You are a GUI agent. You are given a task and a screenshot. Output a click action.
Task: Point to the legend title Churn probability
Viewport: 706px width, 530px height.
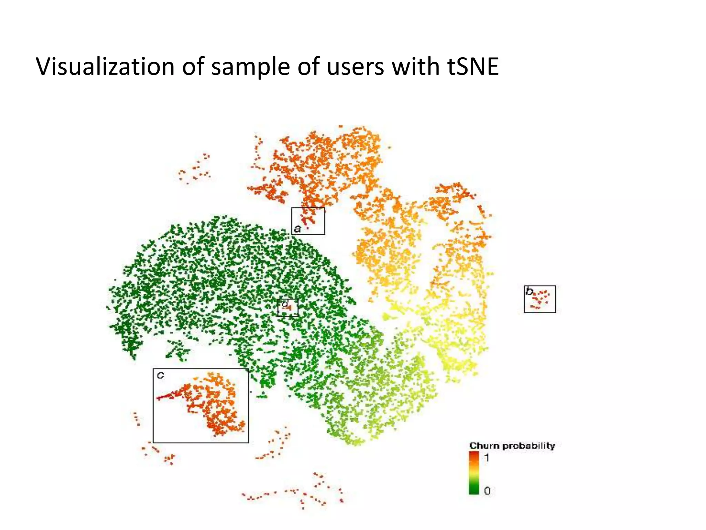(512, 446)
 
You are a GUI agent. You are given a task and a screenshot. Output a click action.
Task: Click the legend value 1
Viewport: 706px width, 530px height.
(487, 458)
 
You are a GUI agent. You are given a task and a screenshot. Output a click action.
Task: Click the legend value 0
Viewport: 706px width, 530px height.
(487, 490)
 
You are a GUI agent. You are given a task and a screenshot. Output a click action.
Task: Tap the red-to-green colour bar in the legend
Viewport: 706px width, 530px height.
(474, 473)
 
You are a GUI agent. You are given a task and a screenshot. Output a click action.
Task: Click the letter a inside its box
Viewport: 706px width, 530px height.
(297, 229)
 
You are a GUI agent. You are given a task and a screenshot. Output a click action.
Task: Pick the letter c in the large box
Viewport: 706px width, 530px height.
(160, 375)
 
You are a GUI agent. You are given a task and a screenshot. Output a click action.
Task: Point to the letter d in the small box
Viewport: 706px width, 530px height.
(285, 304)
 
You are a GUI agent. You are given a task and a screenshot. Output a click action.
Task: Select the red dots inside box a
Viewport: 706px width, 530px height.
(306, 218)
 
